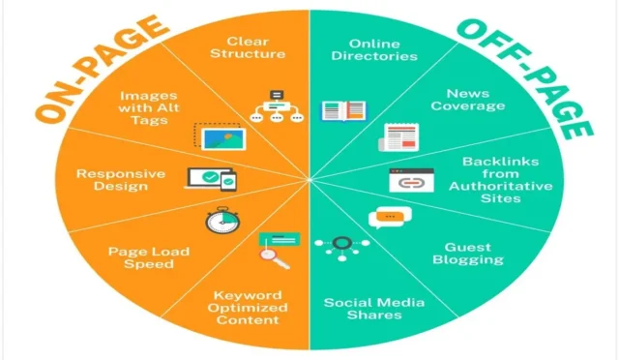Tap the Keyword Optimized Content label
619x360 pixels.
251,308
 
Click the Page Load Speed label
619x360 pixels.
148,257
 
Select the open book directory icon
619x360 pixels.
344,111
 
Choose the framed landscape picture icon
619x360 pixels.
220,137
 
